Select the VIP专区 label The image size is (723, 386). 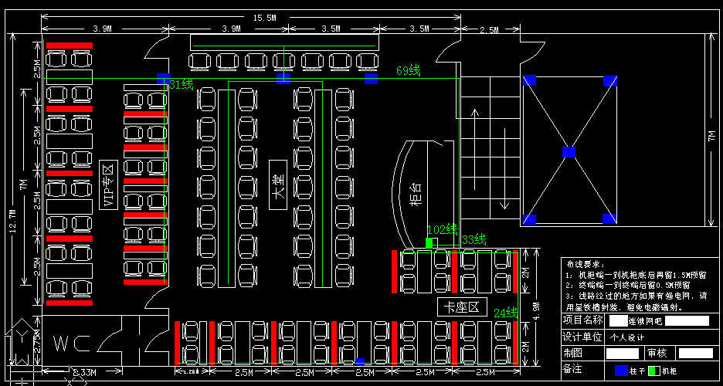point(107,186)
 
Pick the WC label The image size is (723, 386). point(70,343)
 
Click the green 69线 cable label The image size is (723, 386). point(408,71)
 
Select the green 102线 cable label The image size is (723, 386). point(442,229)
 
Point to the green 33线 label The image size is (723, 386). point(474,239)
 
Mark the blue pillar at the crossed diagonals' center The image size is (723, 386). point(569,151)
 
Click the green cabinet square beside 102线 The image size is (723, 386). point(429,242)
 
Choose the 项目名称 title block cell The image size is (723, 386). point(582,320)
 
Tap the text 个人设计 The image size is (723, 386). point(628,337)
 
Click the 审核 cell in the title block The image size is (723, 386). point(657,353)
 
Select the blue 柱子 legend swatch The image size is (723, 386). point(621,371)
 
